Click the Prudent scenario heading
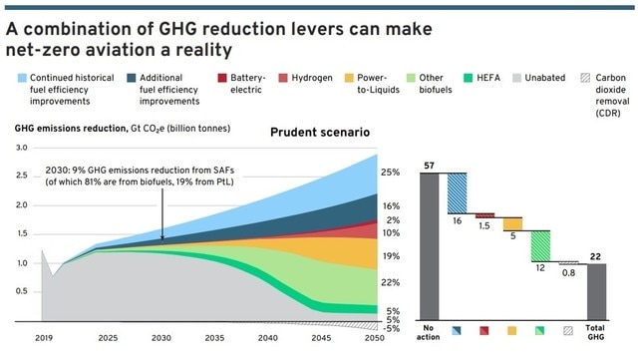(320, 133)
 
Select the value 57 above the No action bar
(429, 164)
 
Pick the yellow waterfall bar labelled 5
(511, 224)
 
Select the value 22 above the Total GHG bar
(595, 256)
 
